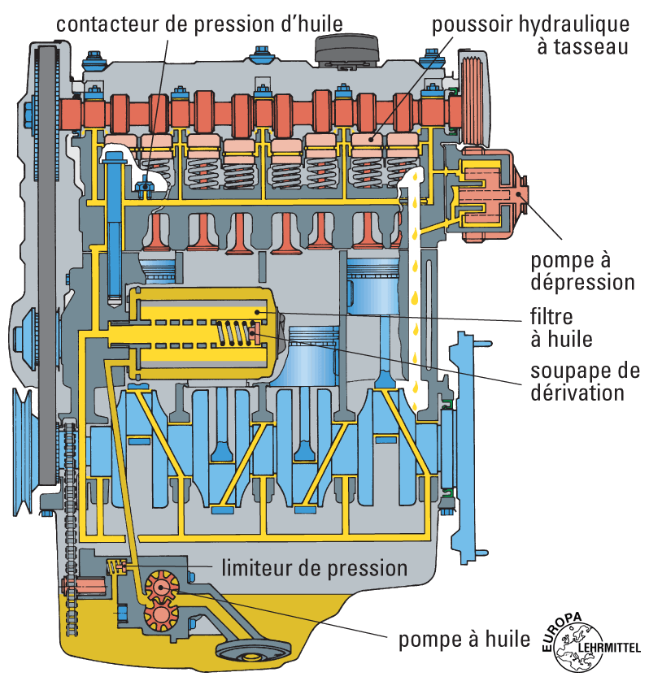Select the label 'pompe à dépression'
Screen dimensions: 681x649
581,272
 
